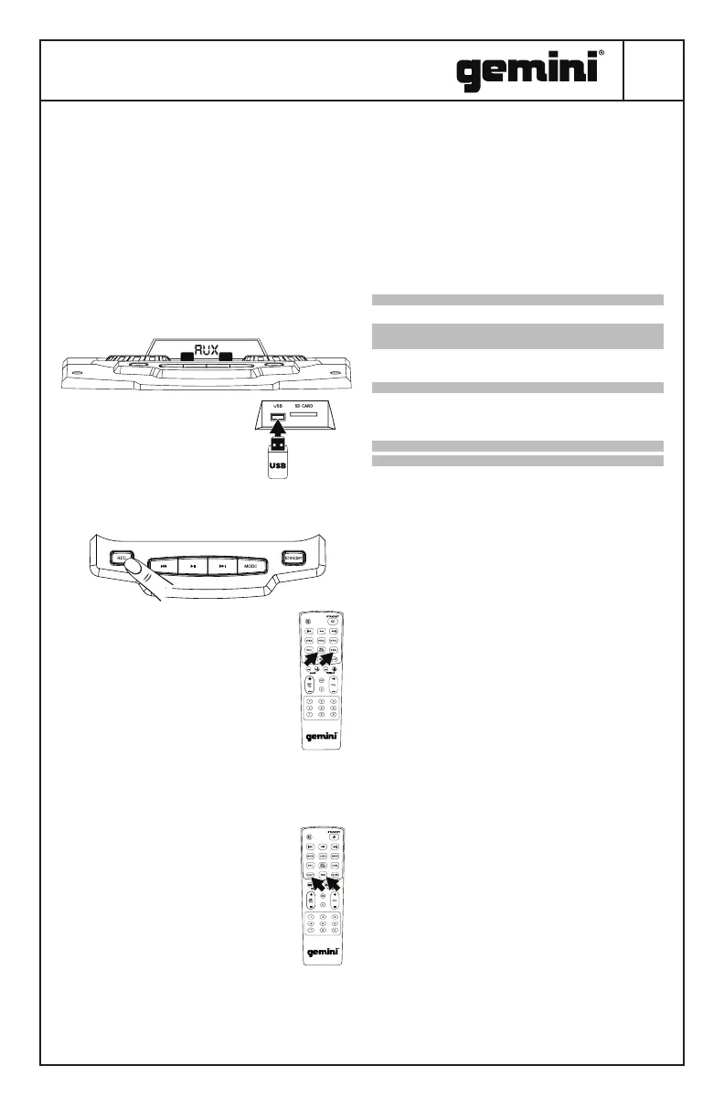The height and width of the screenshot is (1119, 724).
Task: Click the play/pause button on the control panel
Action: click(x=193, y=566)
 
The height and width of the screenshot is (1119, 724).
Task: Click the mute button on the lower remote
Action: click(x=309, y=836)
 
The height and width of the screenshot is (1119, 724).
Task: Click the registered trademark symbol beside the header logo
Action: click(x=601, y=54)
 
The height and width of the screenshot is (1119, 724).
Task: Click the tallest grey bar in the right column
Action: click(x=516, y=336)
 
